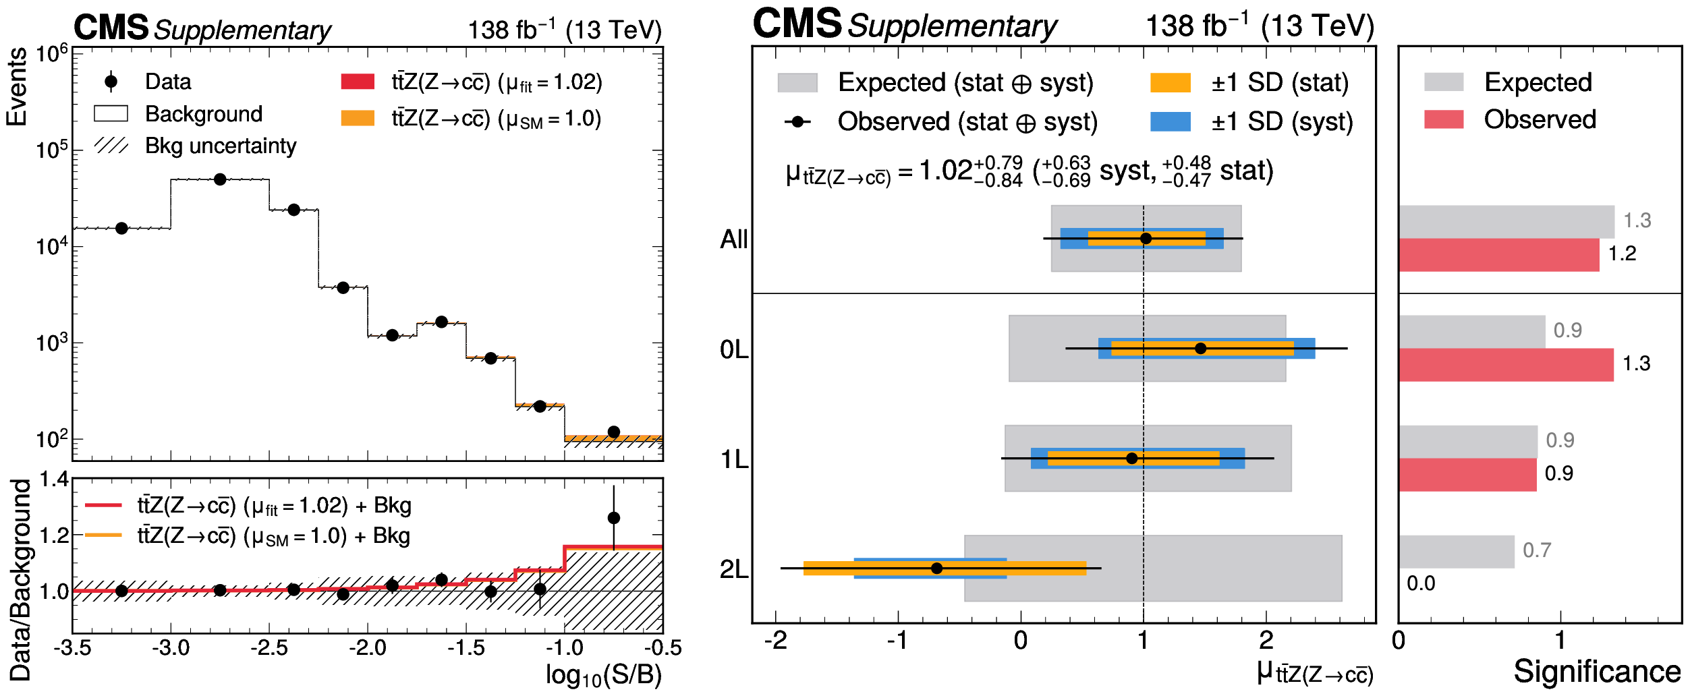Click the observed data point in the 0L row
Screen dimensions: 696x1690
pyautogui.click(x=1200, y=349)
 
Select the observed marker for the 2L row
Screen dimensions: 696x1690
pyautogui.click(x=936, y=569)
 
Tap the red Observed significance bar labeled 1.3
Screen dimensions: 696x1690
pyautogui.click(x=1506, y=364)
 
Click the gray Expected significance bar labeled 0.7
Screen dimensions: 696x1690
pyautogui.click(x=1457, y=552)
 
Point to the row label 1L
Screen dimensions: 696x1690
pyautogui.click(x=734, y=460)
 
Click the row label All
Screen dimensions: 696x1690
pyautogui.click(x=734, y=239)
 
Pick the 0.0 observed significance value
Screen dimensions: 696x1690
pyautogui.click(x=1421, y=584)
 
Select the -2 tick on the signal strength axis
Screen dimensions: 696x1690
pyautogui.click(x=776, y=640)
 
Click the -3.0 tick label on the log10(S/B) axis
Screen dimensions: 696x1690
pyautogui.click(x=171, y=649)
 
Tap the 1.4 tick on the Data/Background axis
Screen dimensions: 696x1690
pyautogui.click(x=54, y=480)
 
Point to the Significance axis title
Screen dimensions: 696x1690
pyautogui.click(x=1597, y=672)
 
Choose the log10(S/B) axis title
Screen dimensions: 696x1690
pyautogui.click(x=604, y=675)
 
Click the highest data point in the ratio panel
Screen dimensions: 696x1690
pyautogui.click(x=613, y=518)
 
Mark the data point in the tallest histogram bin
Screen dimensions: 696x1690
pyautogui.click(x=220, y=179)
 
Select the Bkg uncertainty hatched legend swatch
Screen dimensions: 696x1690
pyautogui.click(x=111, y=146)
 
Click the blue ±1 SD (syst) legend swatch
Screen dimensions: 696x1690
pyautogui.click(x=1170, y=121)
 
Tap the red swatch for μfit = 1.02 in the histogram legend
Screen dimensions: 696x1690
pyautogui.click(x=358, y=82)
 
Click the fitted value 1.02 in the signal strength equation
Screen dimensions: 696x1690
pyautogui.click(x=945, y=171)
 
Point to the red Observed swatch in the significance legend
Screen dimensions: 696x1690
pyautogui.click(x=1444, y=119)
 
